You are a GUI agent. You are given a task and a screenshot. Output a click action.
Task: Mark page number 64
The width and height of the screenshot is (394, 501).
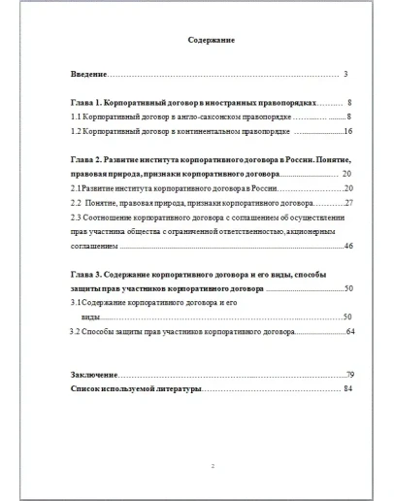350,332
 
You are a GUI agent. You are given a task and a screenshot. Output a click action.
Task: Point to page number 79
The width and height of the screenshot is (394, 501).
350,374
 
